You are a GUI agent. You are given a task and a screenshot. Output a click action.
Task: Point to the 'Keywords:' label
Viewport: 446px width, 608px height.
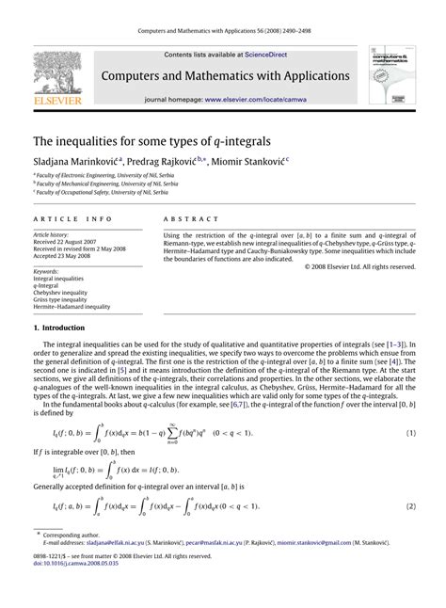point(47,271)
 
